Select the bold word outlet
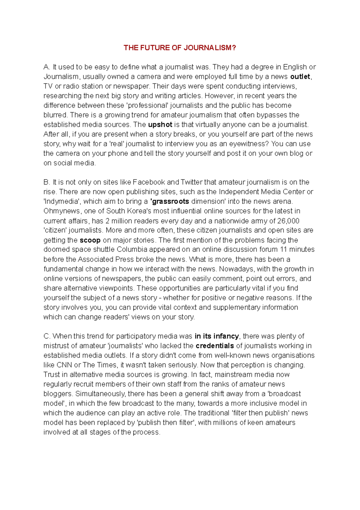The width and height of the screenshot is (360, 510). coord(300,77)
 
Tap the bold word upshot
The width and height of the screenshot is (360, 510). coord(160,125)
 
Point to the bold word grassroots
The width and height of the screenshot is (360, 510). coord(170,201)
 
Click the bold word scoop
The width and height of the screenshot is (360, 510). coord(90,240)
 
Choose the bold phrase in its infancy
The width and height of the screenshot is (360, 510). coord(217,336)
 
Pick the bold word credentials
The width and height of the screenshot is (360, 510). coord(214,346)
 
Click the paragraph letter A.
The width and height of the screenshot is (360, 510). coord(46,67)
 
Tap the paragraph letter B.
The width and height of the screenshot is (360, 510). coord(46,182)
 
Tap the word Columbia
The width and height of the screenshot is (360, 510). coord(132,250)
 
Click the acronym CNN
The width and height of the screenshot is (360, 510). coord(64,365)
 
